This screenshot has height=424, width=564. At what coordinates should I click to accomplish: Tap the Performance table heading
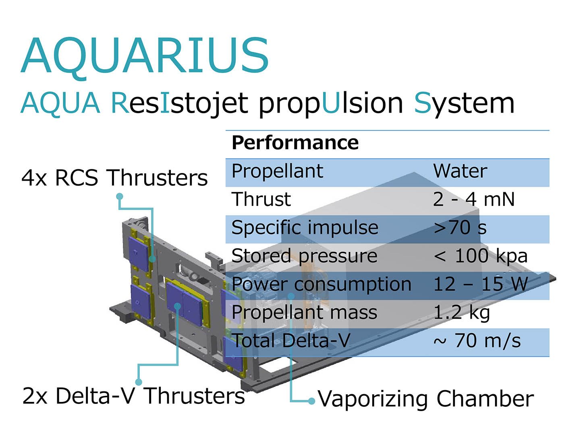pyautogui.click(x=295, y=143)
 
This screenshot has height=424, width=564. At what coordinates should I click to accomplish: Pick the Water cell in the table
pyautogui.click(x=460, y=171)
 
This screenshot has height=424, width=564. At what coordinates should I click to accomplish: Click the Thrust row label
pyautogui.click(x=261, y=199)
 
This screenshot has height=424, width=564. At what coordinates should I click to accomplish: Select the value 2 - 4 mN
pyautogui.click(x=473, y=199)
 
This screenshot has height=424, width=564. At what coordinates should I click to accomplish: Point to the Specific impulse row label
pyautogui.click(x=305, y=228)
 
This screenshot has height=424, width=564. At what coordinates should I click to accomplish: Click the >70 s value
pyautogui.click(x=460, y=228)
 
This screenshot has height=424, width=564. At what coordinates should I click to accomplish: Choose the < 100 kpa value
pyautogui.click(x=480, y=256)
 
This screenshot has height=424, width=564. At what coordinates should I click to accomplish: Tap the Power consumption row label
pyautogui.click(x=321, y=284)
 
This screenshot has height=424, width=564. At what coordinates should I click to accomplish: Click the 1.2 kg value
pyautogui.click(x=462, y=313)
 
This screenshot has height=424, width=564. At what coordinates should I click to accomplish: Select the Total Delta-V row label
pyautogui.click(x=291, y=341)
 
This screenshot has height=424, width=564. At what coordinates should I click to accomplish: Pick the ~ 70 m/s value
pyautogui.click(x=477, y=341)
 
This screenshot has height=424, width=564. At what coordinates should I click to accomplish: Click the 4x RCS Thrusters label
pyautogui.click(x=114, y=178)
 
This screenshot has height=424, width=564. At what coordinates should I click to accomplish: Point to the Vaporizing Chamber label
pyautogui.click(x=426, y=399)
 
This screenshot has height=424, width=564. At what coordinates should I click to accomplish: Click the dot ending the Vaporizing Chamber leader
pyautogui.click(x=311, y=401)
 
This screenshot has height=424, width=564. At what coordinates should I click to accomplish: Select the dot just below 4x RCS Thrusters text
pyautogui.click(x=120, y=196)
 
